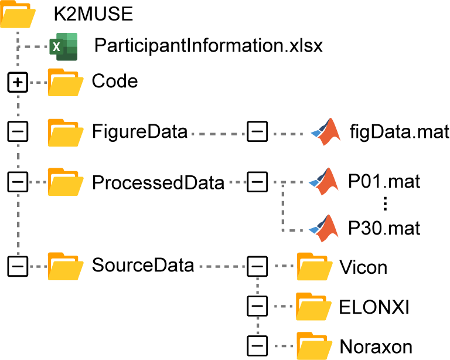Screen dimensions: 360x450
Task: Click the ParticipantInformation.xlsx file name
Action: [209, 46]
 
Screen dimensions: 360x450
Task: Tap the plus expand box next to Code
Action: [18, 83]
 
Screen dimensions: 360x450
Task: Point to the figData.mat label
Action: [398, 131]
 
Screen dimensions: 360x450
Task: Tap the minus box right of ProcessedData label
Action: [257, 182]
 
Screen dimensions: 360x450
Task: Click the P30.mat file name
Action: [384, 227]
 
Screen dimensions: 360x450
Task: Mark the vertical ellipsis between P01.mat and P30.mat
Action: [385, 204]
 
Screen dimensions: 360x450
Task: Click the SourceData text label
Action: [143, 265]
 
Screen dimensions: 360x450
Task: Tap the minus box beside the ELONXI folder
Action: [257, 306]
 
